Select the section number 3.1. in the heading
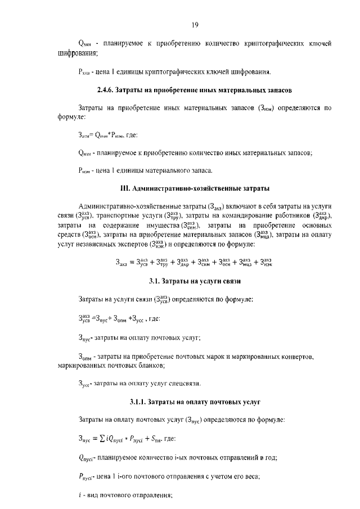(155, 280)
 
